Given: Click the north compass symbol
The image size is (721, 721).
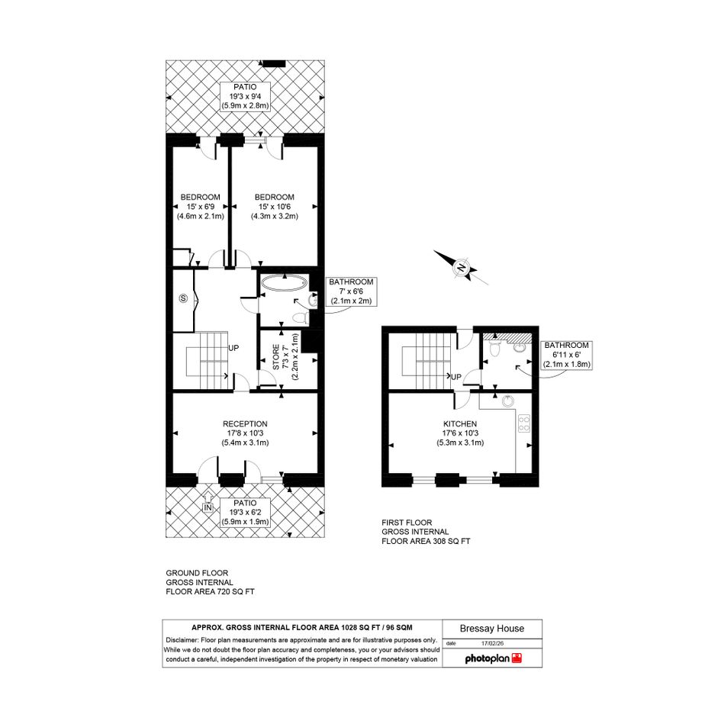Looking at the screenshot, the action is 461,267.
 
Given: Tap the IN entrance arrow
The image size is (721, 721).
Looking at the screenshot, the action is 208,502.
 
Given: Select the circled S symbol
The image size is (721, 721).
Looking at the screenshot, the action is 183,298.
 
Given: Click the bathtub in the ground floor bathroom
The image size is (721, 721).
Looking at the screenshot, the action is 284,283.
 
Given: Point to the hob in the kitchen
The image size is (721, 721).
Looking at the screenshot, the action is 523,423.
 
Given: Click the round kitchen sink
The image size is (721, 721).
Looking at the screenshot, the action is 507,401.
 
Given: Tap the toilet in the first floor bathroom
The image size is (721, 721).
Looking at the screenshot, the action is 494,349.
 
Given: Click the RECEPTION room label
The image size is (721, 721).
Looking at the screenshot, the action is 245,424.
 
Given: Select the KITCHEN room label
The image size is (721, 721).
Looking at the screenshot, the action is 460,424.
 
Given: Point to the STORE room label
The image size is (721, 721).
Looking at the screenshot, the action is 276,357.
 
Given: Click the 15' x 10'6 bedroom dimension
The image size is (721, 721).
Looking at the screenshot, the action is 274,207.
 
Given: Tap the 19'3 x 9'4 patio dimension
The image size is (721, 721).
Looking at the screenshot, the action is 245,97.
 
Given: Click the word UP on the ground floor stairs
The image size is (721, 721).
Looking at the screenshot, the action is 233,348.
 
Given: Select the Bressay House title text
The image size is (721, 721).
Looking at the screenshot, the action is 492,629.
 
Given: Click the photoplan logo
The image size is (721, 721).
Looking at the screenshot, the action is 493,658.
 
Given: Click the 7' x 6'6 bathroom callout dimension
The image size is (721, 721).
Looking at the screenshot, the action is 351,291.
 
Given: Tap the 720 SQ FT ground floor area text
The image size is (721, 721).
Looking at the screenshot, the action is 236,591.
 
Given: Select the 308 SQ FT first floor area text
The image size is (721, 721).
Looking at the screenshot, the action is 451,541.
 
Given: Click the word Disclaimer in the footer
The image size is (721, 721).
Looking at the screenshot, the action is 181,640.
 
